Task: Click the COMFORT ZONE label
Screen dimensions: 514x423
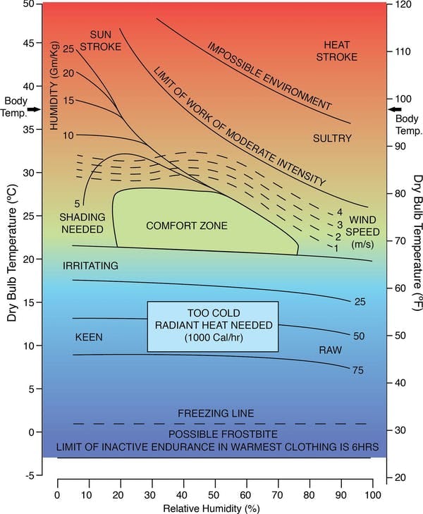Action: (187, 226)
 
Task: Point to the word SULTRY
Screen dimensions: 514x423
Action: (331, 138)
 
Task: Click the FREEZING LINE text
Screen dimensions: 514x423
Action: (215, 413)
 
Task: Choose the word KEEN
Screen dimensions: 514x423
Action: (89, 338)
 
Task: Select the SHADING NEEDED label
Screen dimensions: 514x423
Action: (81, 223)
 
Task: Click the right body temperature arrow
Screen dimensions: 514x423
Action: (395, 109)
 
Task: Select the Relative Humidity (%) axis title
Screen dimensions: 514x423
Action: (214, 508)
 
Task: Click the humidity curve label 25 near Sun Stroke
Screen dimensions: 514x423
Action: (68, 49)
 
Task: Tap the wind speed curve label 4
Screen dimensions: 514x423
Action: (339, 212)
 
